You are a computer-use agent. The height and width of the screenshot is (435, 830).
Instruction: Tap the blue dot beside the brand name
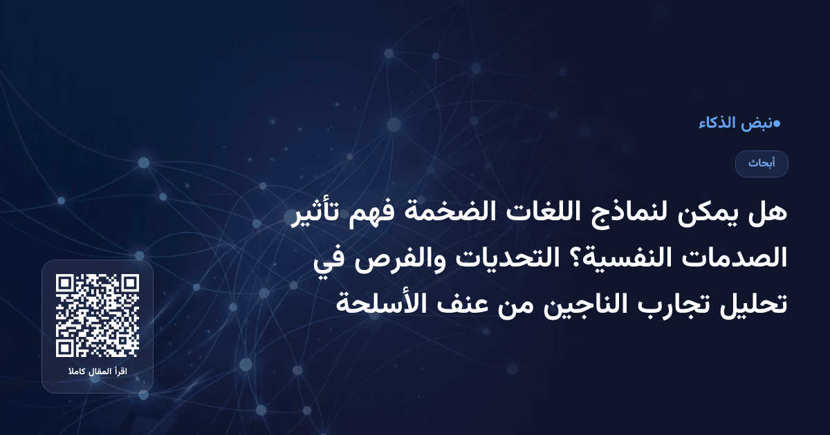click(x=777, y=124)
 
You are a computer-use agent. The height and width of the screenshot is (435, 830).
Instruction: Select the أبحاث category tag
click(x=762, y=164)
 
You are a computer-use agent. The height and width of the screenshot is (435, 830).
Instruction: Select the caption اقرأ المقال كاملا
click(x=98, y=373)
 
